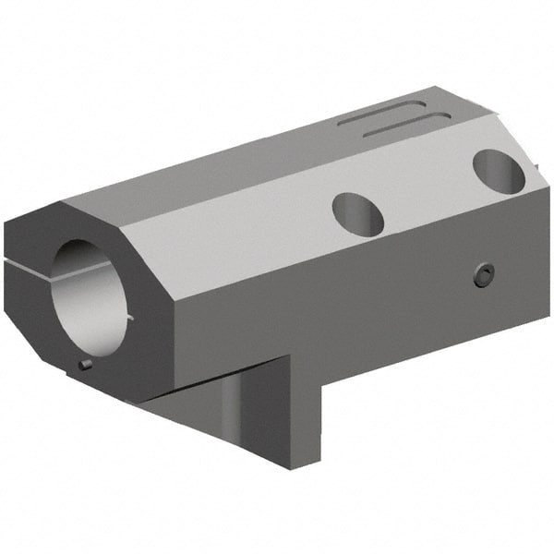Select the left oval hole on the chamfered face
click(357, 214)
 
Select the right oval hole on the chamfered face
click(499, 171)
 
